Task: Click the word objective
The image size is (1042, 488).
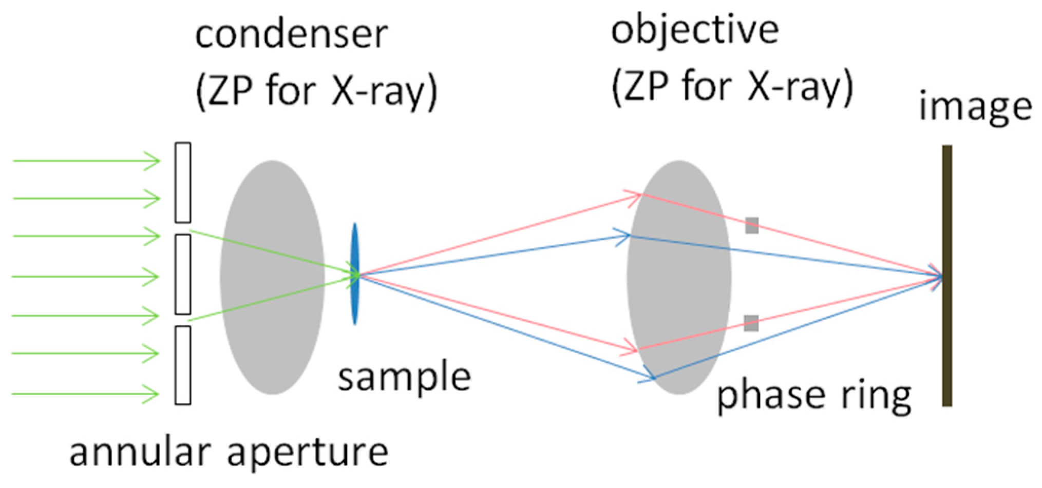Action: pos(694,31)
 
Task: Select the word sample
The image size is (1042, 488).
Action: pos(404,377)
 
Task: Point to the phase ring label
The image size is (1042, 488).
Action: pos(814,396)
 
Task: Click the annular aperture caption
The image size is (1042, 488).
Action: pos(229,452)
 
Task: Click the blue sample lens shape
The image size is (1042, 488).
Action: pos(354,274)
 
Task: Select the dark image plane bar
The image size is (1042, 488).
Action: pos(947,276)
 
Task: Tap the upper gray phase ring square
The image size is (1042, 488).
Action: pos(752,225)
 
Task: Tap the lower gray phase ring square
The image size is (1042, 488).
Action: pos(751,323)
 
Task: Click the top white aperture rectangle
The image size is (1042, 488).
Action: pos(183,183)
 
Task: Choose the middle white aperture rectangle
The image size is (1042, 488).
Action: pos(183,274)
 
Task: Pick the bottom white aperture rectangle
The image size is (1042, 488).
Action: pos(183,365)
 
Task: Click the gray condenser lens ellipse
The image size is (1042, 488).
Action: pos(272,277)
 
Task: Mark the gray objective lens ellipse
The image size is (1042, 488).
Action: pos(679,277)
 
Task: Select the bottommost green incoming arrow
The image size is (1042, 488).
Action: pos(85,394)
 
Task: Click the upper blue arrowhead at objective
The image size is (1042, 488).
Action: pos(623,237)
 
